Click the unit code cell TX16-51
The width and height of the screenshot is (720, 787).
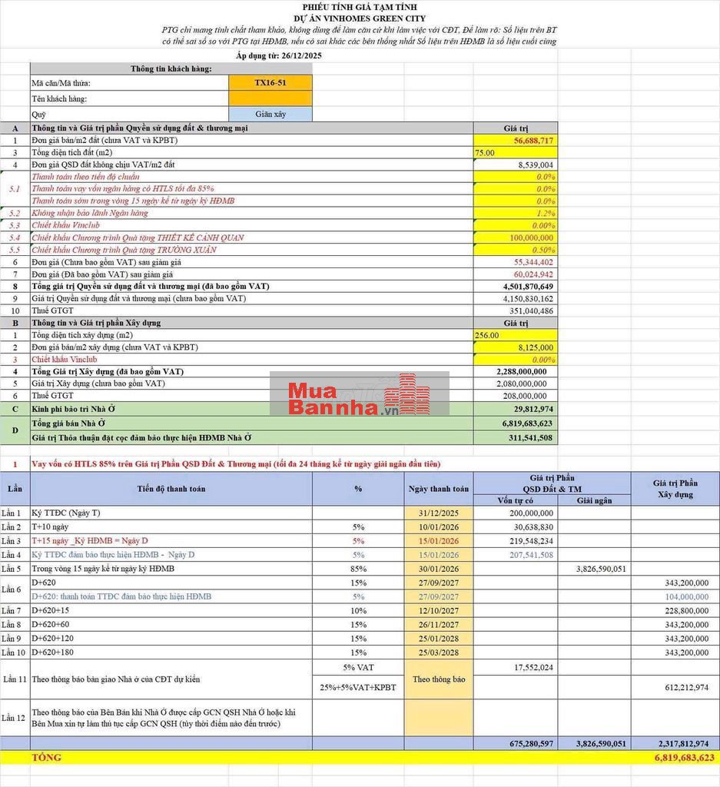click(270, 83)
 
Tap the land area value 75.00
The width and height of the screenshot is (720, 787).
click(485, 153)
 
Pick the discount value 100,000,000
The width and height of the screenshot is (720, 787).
click(532, 237)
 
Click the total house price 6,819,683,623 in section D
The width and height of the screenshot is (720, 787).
click(524, 423)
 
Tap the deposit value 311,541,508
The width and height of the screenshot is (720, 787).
click(530, 438)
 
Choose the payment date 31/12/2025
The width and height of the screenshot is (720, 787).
click(438, 513)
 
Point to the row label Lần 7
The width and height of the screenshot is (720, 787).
click(12, 610)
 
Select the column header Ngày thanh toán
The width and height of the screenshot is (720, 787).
click(438, 489)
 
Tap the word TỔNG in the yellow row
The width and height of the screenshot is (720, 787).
click(47, 758)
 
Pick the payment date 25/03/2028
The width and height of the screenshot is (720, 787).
click(438, 653)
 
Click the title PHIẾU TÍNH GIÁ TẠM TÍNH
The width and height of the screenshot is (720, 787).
click(359, 7)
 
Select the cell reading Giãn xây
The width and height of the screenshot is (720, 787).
click(270, 114)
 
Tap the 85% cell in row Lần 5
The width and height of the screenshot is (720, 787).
click(358, 569)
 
